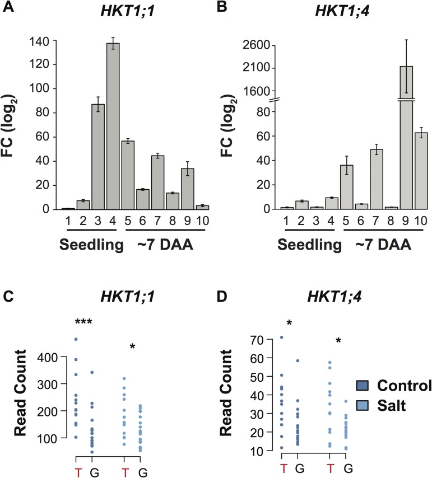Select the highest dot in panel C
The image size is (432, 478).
click(x=76, y=339)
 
